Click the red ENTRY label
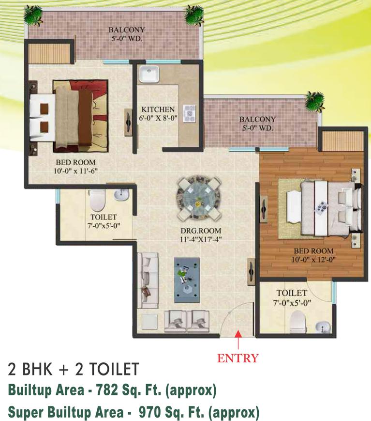click(237, 359)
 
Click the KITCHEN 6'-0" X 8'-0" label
click(158, 113)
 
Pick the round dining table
click(199, 198)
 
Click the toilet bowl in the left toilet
click(97, 198)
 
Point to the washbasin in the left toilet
click(121, 195)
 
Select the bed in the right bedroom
click(322, 206)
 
